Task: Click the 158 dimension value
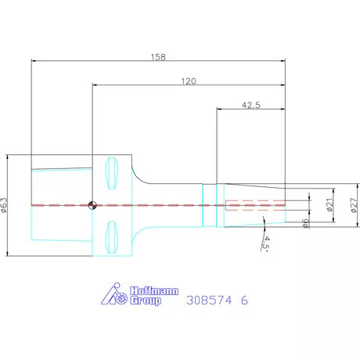coord(158,57)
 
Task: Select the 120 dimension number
coord(189,81)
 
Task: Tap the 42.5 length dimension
coord(250,105)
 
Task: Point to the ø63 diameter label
coord(5,205)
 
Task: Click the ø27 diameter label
coord(354,205)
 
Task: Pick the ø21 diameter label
coord(329,205)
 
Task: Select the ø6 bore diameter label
coord(305,223)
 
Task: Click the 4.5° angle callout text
coord(266,244)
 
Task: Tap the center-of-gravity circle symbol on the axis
coord(92,205)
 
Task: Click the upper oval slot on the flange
coord(111,173)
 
